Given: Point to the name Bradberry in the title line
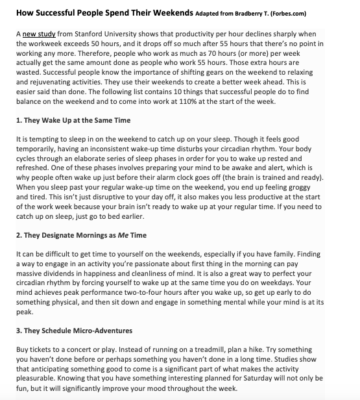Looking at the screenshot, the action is click(249, 12).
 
